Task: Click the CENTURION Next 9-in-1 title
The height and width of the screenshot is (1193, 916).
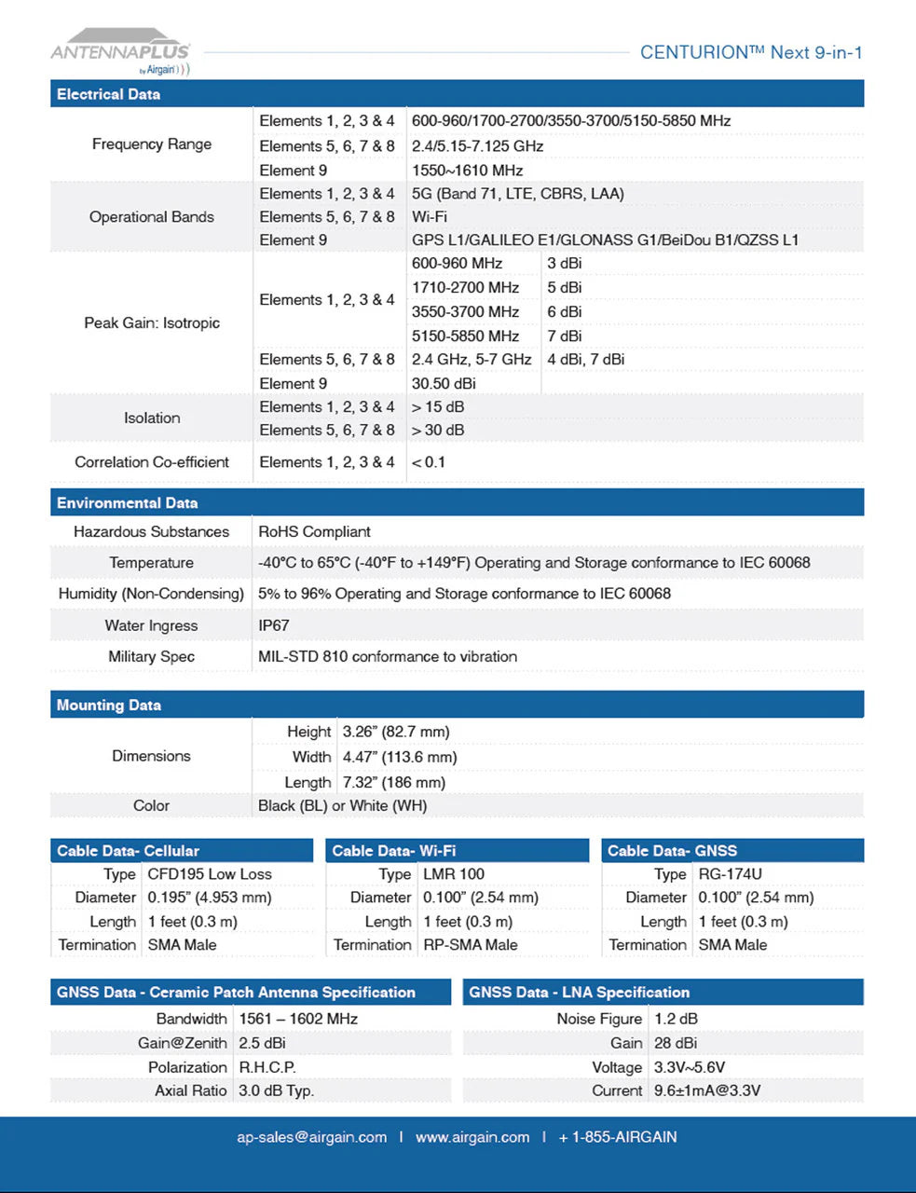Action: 750,53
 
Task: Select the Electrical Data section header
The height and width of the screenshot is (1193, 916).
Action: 108,94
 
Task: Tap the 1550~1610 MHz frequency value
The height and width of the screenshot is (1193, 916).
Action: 467,171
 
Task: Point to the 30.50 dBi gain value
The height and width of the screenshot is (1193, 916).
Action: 444,384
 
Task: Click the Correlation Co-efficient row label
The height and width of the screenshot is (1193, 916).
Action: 152,462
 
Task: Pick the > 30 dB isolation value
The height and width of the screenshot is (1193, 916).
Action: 438,431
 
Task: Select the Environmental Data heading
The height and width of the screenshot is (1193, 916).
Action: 127,503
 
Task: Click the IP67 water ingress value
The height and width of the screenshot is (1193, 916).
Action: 274,625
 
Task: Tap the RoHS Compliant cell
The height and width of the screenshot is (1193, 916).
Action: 314,532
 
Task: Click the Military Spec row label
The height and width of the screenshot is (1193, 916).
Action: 151,657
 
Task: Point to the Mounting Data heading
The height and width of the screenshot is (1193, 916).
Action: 108,706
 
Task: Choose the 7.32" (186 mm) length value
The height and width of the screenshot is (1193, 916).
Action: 393,783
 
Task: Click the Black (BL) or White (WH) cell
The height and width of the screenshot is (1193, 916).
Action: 342,806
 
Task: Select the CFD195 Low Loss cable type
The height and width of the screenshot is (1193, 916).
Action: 210,874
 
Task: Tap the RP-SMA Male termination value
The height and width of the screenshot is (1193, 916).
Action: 470,945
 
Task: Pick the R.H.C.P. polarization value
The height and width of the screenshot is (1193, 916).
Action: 267,1067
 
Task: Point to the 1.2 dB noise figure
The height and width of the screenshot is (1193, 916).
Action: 676,1019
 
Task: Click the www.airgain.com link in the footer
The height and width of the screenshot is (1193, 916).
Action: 472,1137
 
